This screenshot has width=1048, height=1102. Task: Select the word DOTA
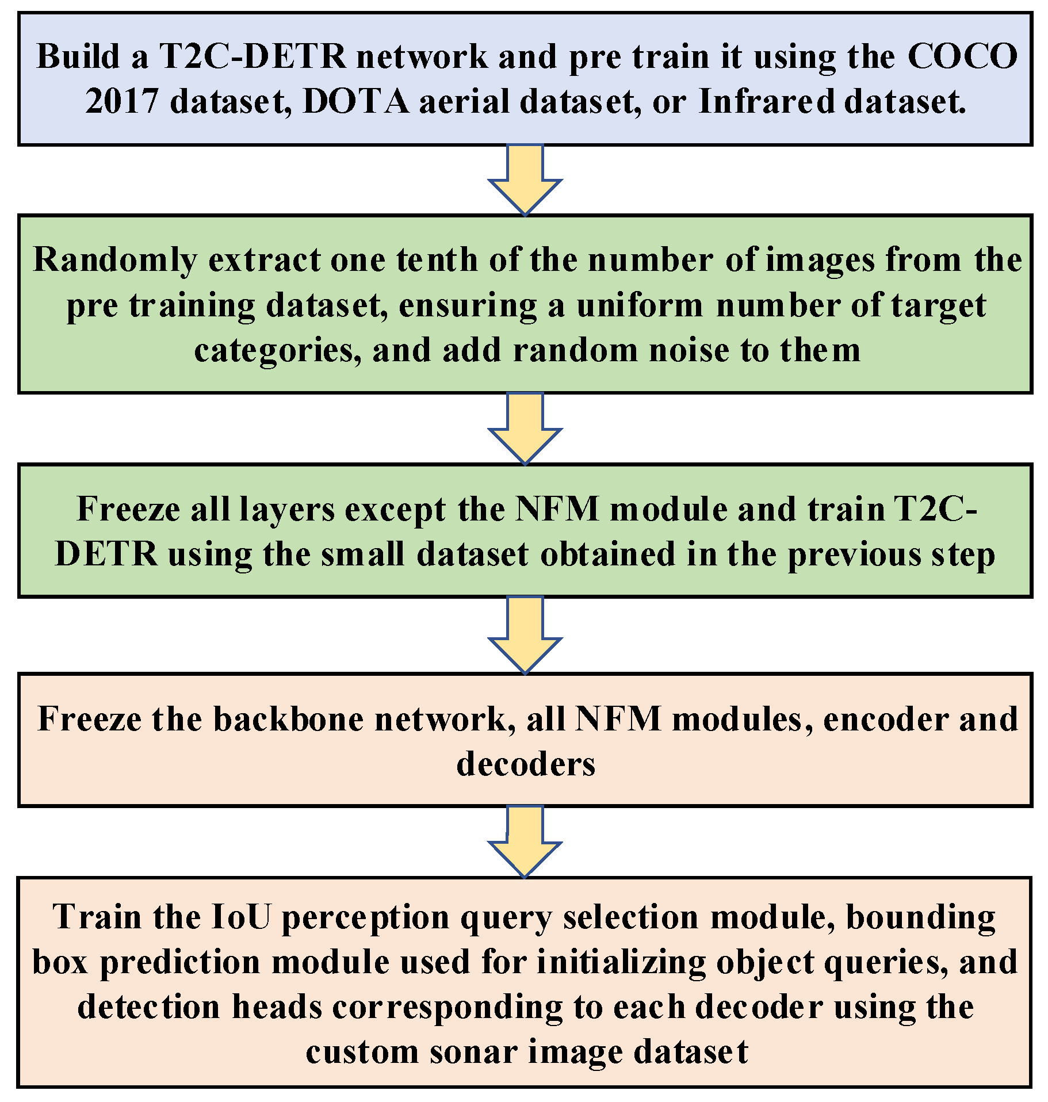(355, 102)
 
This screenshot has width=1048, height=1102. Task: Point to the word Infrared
(766, 102)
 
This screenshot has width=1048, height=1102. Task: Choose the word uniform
(640, 305)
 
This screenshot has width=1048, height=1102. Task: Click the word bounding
(921, 917)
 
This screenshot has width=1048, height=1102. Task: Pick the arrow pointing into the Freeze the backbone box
(525, 635)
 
